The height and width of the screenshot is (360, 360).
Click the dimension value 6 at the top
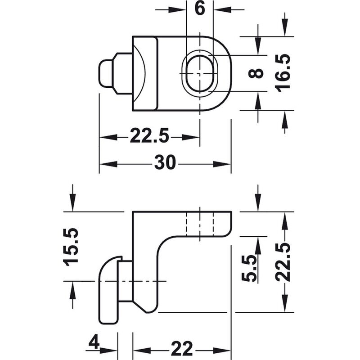199,9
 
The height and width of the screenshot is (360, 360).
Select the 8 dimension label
256,73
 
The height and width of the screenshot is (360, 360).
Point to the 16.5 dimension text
283,73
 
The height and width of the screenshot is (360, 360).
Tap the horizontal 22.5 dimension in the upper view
149,136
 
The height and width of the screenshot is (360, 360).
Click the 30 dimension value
165,162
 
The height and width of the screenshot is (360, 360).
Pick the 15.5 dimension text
71,247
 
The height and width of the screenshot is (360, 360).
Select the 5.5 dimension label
249,268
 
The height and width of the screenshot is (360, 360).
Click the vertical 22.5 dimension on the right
283,262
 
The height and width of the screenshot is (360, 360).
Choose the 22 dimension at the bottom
182,348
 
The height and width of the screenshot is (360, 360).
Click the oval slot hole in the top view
199,73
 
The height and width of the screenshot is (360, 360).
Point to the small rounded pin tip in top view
106,73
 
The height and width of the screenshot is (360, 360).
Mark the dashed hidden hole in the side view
200,224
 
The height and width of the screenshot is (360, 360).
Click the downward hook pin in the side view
108,290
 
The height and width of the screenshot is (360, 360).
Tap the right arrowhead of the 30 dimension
221,164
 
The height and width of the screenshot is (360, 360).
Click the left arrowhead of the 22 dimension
142,351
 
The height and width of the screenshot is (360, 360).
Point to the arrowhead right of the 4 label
108,351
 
